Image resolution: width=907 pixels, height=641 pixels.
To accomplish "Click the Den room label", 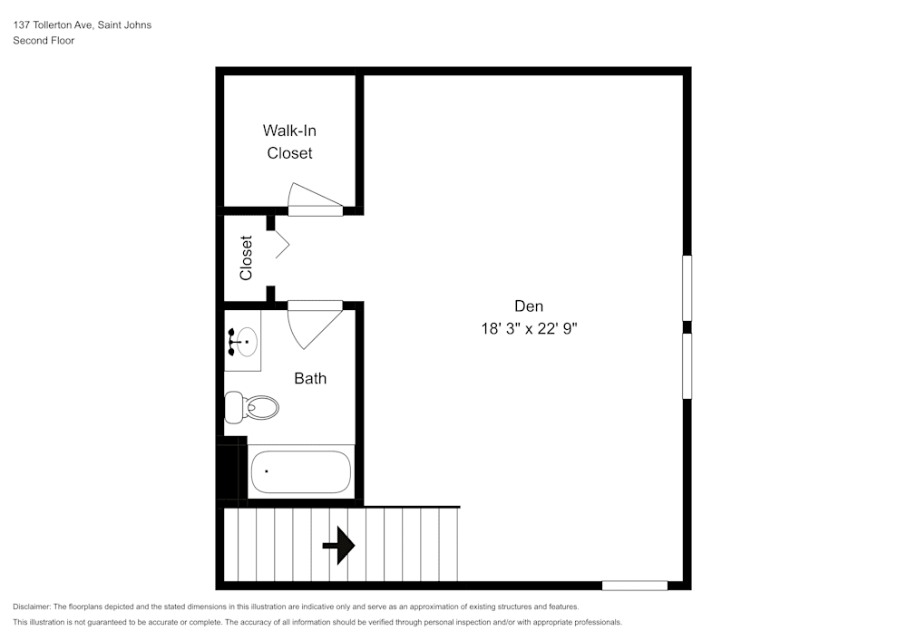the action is [x=529, y=306].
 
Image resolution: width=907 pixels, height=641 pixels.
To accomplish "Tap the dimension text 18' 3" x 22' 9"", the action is [x=530, y=328].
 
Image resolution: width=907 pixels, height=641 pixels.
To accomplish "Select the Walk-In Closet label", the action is [x=289, y=141].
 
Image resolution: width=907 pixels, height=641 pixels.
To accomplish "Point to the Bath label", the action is [x=310, y=378].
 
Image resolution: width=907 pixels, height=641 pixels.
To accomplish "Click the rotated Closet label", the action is [x=246, y=257].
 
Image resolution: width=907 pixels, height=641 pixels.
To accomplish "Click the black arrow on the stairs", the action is [x=339, y=545].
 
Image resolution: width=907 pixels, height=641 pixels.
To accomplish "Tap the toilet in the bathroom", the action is [x=251, y=407].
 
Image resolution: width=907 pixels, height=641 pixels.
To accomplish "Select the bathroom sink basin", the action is [x=247, y=342].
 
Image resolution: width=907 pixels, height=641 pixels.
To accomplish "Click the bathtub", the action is [x=301, y=471].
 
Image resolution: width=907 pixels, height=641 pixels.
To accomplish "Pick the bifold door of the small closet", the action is [x=282, y=245].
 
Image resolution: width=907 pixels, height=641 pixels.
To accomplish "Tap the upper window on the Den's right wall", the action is [x=687, y=287].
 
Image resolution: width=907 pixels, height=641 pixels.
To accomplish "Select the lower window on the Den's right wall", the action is [x=687, y=366].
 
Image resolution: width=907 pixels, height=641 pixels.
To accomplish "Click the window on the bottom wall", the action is [x=635, y=586].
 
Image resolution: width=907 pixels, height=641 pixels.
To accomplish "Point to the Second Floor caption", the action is [x=44, y=41].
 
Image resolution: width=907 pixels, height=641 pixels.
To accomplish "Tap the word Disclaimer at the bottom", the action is [x=31, y=607].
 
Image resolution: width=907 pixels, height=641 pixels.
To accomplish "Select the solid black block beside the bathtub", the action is [x=231, y=468].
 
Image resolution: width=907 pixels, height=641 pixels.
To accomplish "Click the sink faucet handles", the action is [x=231, y=342].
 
